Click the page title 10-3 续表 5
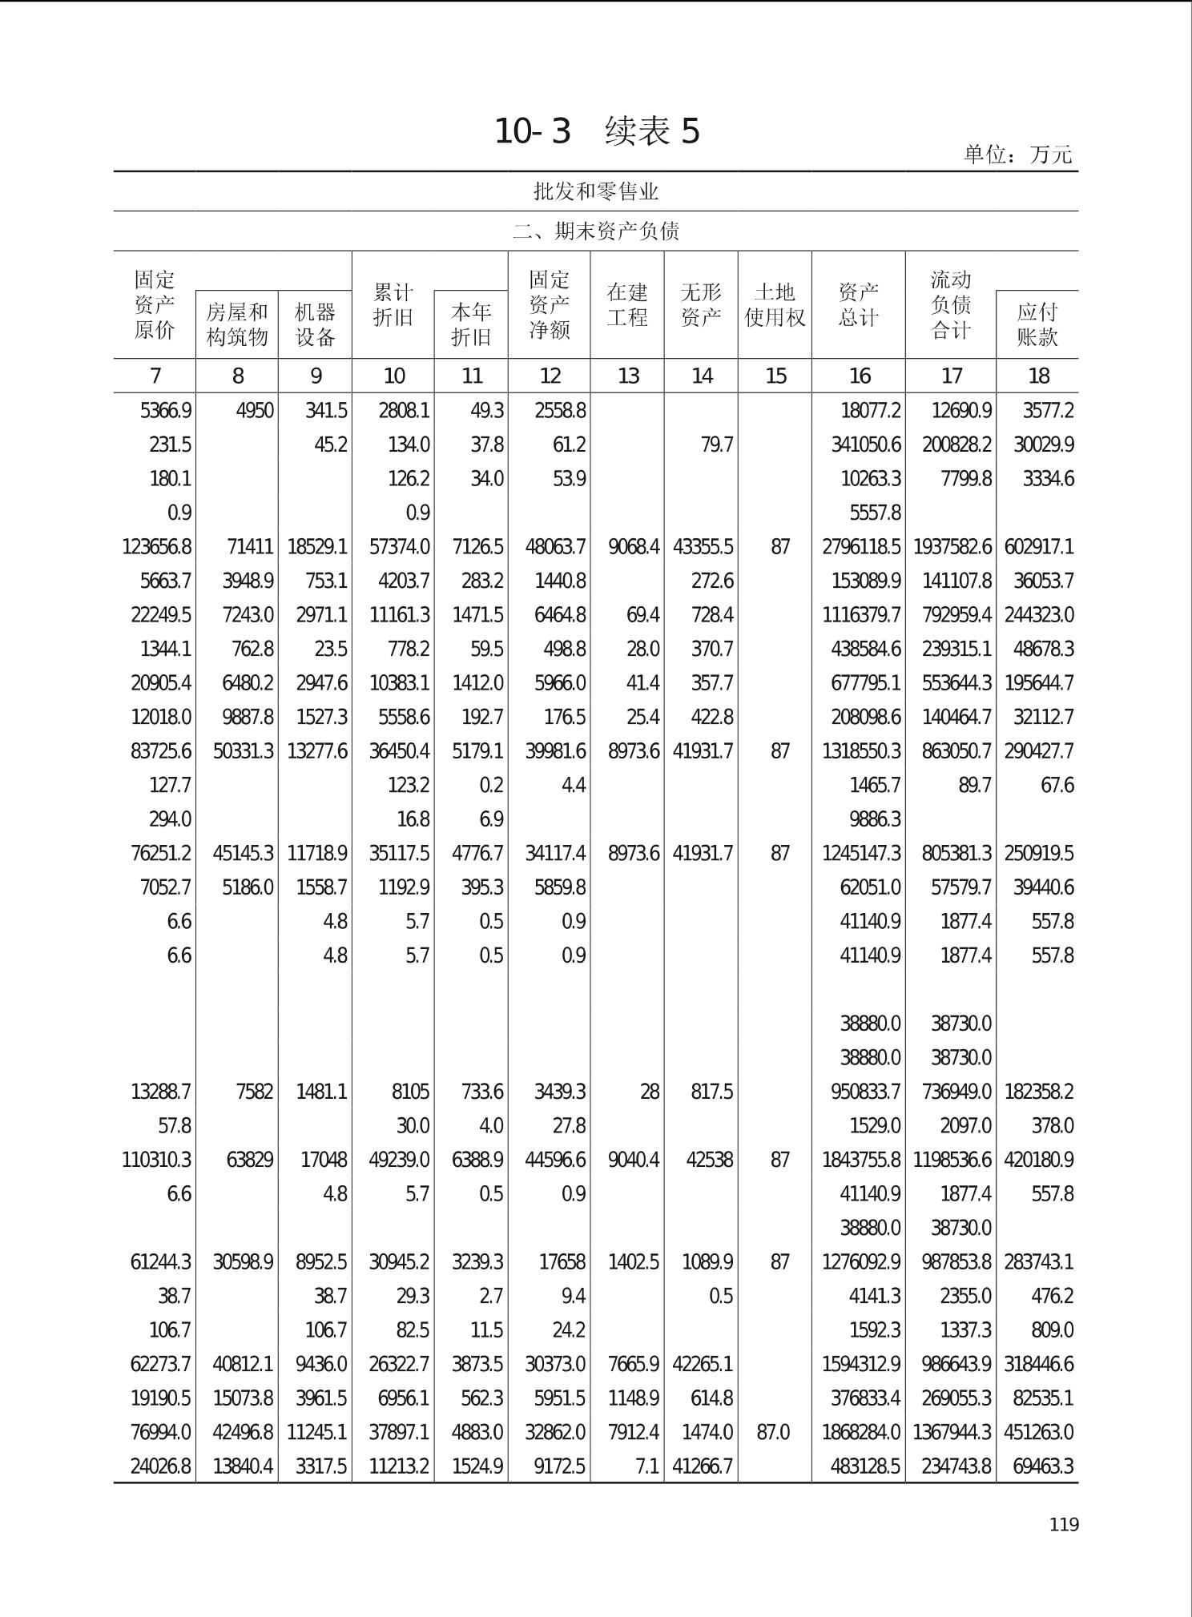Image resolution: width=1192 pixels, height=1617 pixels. click(x=597, y=131)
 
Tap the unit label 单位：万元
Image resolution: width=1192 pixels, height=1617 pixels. click(x=1017, y=155)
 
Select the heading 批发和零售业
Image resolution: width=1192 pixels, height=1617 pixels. click(x=596, y=191)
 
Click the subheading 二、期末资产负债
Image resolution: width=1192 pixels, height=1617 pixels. click(x=596, y=231)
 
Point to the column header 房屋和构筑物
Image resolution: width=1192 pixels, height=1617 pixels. click(x=237, y=324)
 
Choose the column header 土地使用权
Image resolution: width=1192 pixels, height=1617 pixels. click(x=775, y=305)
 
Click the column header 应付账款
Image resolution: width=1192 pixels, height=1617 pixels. click(x=1037, y=324)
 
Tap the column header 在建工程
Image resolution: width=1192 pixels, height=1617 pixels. click(x=627, y=305)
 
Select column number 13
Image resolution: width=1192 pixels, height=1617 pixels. click(x=629, y=376)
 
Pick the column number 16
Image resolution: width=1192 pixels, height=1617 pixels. click(x=860, y=376)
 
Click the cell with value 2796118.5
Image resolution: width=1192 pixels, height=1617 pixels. click(x=861, y=547)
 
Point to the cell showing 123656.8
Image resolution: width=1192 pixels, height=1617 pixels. click(x=157, y=547)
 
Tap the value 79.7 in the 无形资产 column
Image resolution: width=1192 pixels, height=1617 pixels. click(x=717, y=444)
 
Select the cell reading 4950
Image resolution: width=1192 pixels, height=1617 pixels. click(x=255, y=411)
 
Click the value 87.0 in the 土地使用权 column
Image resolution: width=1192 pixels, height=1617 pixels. click(x=773, y=1432)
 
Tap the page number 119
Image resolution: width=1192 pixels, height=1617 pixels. click(x=1064, y=1524)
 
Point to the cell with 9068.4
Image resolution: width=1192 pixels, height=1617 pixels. click(x=634, y=547)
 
